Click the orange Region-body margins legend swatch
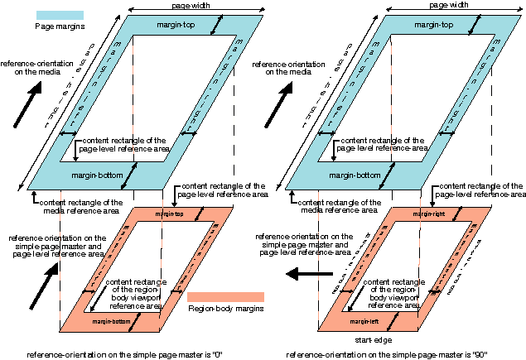225,296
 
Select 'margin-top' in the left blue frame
173,25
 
